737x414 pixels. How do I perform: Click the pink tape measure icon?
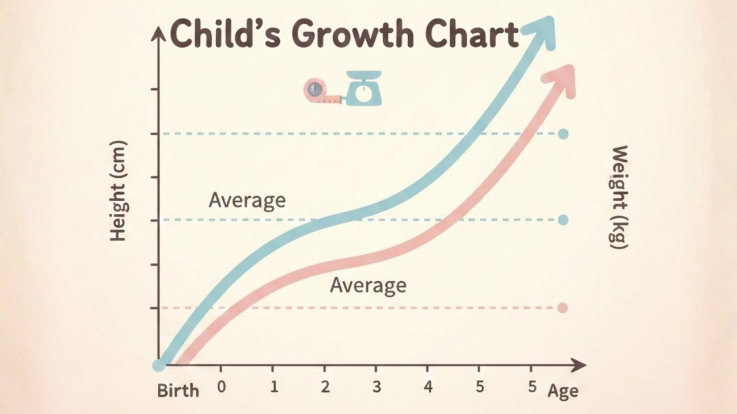coord(320,91)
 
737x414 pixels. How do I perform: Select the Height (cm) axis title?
coord(117,191)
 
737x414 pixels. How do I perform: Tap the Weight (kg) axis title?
coord(618,197)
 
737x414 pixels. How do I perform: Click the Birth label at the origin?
coord(178,390)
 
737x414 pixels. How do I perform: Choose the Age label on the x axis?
coord(563,392)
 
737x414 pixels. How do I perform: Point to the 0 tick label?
coord(222,387)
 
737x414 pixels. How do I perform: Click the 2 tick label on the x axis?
coord(325,387)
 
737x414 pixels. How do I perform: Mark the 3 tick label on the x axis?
coord(377,387)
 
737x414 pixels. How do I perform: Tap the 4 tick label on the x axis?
coord(428,387)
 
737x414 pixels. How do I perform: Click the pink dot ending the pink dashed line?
coord(563,308)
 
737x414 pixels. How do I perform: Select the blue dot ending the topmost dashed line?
coord(563,134)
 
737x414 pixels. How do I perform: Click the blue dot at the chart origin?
coord(158,365)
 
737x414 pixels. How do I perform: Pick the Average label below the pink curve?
coord(368,285)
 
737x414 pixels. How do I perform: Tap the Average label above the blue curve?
coord(247,201)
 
